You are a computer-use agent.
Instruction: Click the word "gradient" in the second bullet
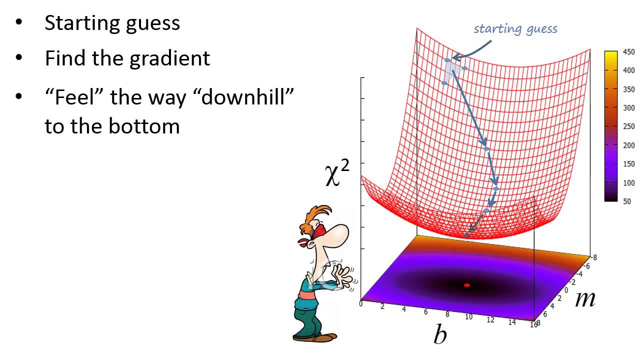[169, 59]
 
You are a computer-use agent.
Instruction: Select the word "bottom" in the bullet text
[144, 126]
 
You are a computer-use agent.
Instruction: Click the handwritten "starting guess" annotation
[515, 29]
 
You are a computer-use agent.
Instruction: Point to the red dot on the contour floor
[467, 285]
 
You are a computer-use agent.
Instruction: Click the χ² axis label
[337, 173]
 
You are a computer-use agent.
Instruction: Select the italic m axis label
[585, 299]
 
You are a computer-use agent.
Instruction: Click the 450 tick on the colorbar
[629, 51]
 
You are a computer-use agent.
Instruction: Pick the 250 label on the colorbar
[629, 126]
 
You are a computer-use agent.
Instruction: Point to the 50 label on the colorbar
[627, 201]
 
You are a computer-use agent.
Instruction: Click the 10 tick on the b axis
[468, 316]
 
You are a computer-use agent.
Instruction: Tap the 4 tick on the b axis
[404, 309]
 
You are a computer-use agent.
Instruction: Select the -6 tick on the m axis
[586, 266]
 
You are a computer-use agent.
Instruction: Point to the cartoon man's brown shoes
[315, 337]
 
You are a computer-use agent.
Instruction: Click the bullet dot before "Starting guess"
[19, 22]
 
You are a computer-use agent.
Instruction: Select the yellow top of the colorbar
[611, 55]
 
